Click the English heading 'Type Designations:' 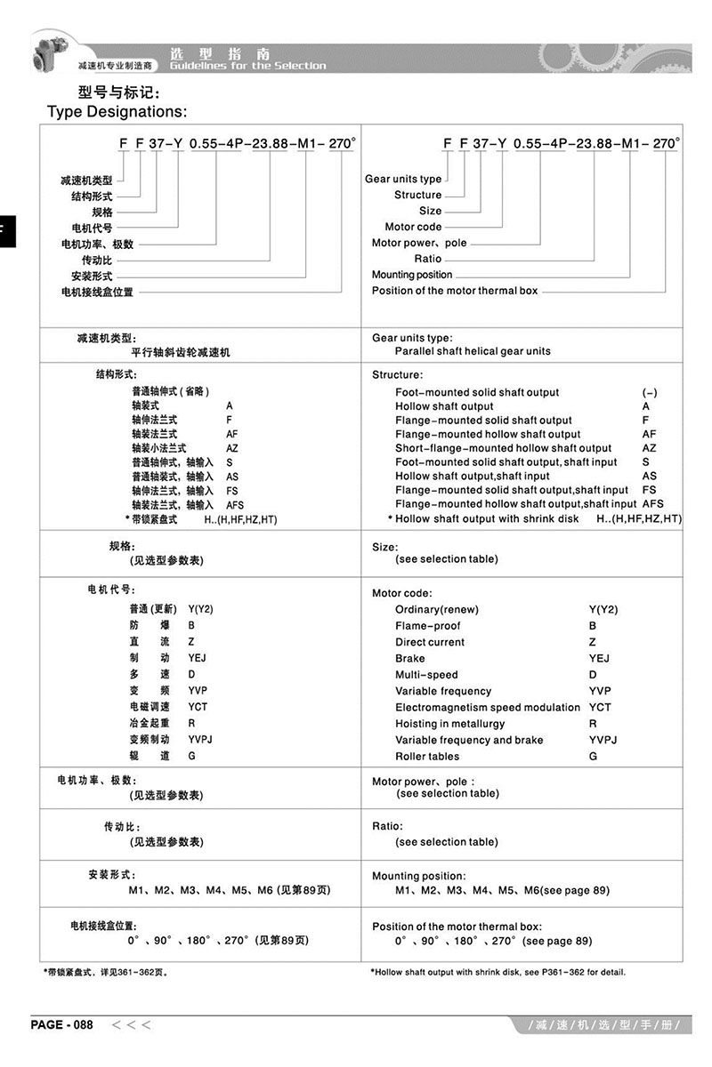click(117, 111)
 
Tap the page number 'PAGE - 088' click(61, 1024)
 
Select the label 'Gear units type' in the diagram click(403, 179)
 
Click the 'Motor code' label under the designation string click(413, 227)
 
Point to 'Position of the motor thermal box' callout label click(455, 291)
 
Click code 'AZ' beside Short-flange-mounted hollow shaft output click(649, 448)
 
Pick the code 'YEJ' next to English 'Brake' click(599, 658)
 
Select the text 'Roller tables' click(427, 756)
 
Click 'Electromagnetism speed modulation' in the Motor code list click(487, 707)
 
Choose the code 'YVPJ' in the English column click(603, 740)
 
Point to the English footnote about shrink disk click(498, 972)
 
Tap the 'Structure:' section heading click(398, 374)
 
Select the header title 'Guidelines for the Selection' click(247, 65)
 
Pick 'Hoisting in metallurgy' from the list click(453, 724)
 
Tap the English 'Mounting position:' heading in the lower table click(418, 876)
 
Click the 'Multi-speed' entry click(426, 675)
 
